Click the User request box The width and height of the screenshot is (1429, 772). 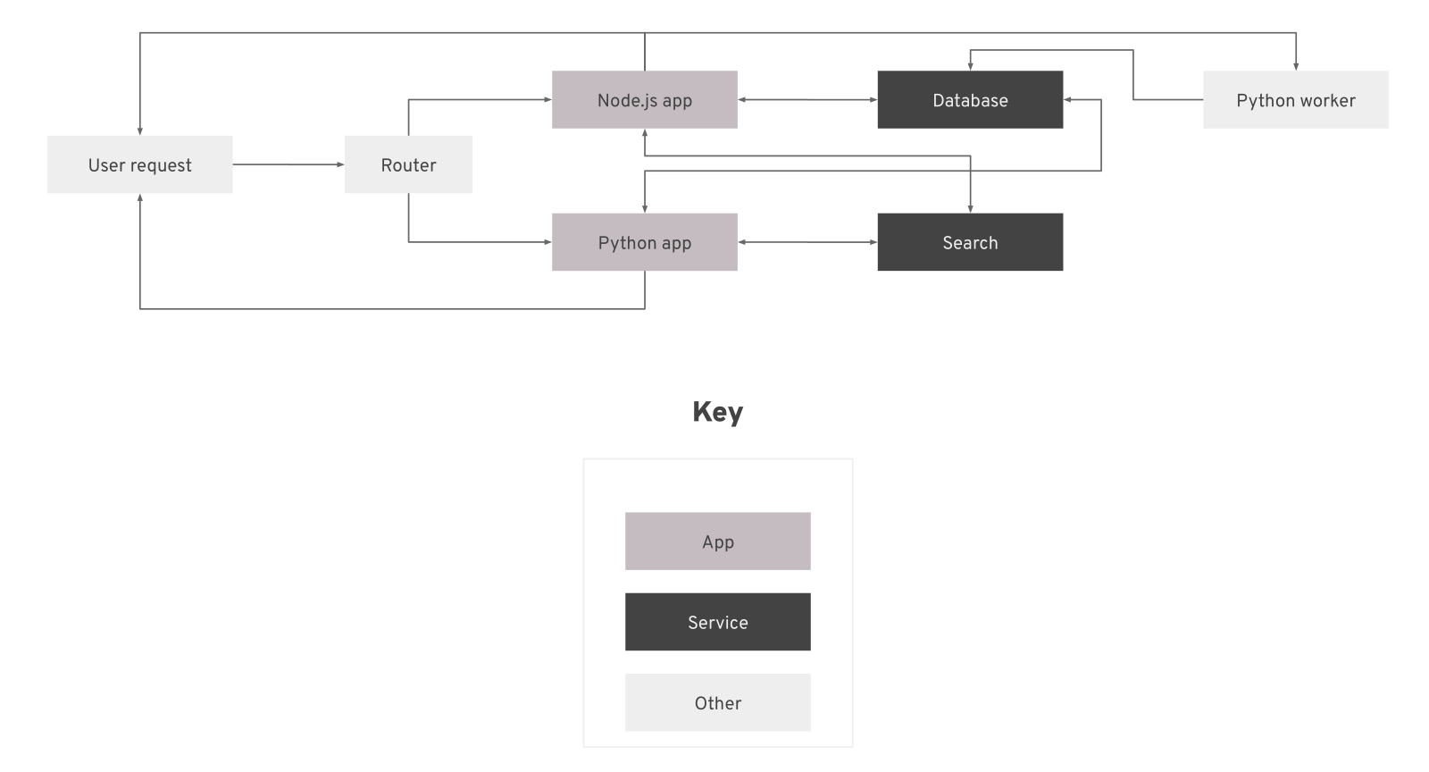[139, 164]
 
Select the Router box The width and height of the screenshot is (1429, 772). [408, 164]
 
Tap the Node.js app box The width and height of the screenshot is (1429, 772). [644, 100]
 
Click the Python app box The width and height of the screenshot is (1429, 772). [644, 242]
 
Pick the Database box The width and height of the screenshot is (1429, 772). [970, 100]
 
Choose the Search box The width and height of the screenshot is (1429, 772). [970, 242]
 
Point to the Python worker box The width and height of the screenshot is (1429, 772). [1295, 100]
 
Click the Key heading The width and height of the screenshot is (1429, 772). [717, 412]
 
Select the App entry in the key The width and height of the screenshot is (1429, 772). [717, 541]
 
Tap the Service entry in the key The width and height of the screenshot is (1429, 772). [717, 622]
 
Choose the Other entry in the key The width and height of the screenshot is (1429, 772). [717, 702]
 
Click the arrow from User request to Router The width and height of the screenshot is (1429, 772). [288, 164]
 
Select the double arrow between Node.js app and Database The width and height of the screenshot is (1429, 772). [807, 100]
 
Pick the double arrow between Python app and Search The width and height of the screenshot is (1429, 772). [807, 242]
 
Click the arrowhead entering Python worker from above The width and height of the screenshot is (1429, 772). [1295, 65]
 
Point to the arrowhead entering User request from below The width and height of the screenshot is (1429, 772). [139, 198]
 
